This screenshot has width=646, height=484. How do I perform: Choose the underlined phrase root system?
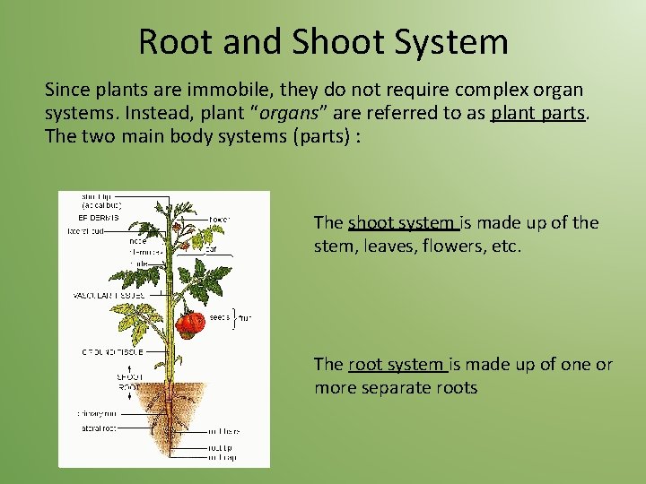coord(397,364)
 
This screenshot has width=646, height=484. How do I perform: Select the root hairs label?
coord(224,432)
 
